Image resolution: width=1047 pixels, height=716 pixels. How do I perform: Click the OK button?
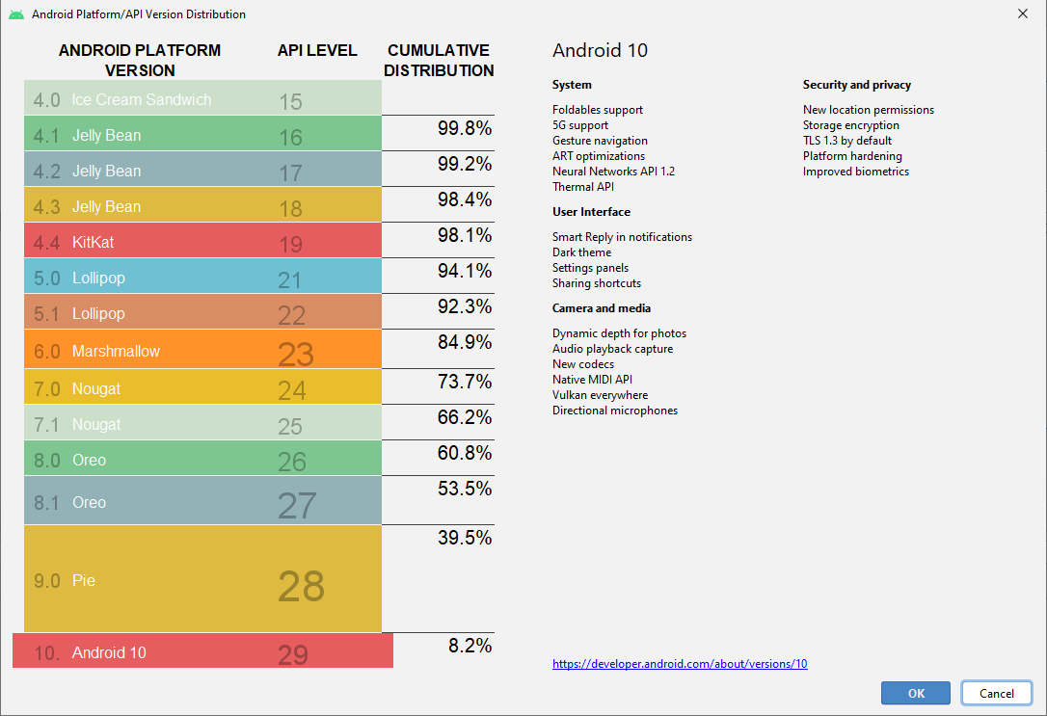point(916,693)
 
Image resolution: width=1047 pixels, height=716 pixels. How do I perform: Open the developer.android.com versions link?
point(680,664)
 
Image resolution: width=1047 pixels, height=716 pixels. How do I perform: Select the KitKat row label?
point(93,242)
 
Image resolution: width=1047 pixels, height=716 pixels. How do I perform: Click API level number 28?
point(301,586)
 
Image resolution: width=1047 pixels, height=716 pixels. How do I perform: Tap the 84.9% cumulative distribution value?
point(465,342)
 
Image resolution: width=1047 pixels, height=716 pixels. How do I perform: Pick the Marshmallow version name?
point(116,352)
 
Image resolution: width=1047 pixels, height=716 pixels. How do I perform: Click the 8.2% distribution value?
point(470,646)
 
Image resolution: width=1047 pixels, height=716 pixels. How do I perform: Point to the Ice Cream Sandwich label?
point(141,99)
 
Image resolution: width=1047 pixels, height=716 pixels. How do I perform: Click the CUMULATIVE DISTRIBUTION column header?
point(439,60)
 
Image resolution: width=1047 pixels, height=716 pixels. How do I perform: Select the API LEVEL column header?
point(317,50)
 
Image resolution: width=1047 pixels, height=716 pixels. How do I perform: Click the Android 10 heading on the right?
point(600,51)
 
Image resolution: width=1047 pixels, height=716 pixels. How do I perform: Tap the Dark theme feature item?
point(581,252)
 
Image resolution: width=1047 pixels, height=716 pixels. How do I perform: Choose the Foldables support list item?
point(597,110)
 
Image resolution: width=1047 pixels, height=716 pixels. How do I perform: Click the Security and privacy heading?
point(856,85)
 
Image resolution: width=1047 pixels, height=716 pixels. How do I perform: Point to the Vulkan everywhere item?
point(600,395)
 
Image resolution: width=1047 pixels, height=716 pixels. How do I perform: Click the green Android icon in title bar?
point(16,14)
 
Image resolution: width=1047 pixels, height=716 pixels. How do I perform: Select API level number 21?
point(289,280)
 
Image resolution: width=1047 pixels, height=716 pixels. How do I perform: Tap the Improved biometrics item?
point(855,172)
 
